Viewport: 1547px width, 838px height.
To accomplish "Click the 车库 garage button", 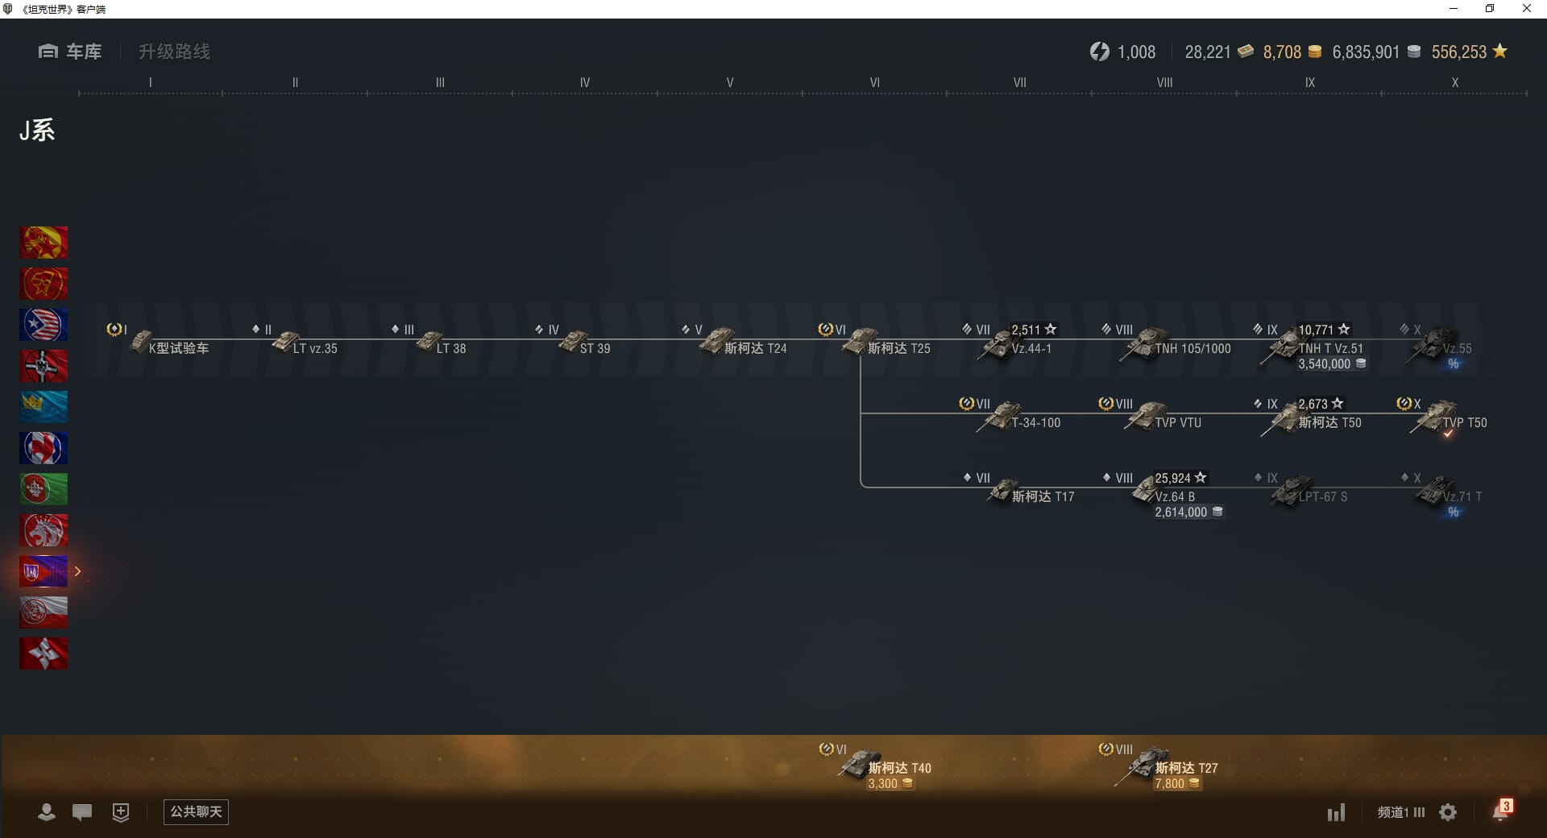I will point(71,52).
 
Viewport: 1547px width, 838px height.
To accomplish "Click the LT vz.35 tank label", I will point(315,349).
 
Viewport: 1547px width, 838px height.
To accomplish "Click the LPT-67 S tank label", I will point(1322,497).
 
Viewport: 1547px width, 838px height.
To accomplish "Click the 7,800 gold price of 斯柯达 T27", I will point(1170,784).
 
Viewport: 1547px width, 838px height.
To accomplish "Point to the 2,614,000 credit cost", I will point(1181,512).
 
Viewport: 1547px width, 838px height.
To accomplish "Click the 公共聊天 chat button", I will point(196,812).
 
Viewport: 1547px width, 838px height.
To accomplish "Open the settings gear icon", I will point(1448,812).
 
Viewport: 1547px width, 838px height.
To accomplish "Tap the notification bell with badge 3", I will point(1500,811).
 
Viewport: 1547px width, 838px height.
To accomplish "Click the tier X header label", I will point(1454,82).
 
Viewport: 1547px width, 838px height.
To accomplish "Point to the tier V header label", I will point(729,82).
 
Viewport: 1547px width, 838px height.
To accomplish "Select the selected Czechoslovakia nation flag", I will point(44,571).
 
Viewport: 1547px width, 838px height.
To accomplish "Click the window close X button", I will point(1526,9).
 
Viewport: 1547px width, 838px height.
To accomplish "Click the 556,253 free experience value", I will point(1458,52).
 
